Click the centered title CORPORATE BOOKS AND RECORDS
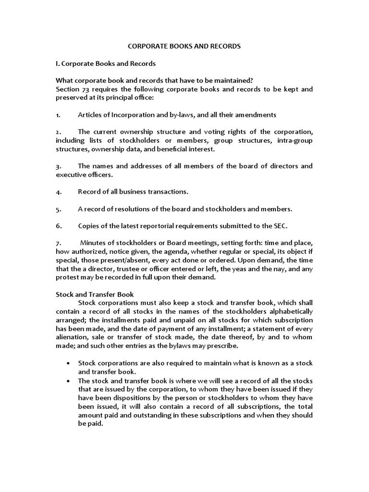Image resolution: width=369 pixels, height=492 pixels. pos(184,47)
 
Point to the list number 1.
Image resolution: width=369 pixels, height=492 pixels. pos(58,115)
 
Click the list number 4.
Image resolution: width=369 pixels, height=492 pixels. pos(58,192)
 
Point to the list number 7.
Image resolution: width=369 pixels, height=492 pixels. pos(58,243)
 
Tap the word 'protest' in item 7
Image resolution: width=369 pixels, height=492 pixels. pos(67,277)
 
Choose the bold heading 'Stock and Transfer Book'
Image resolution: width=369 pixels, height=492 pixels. pos(95,294)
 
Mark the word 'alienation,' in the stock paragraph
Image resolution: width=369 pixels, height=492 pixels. pos(73,337)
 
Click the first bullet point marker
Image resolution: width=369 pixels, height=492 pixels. pos(71,362)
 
